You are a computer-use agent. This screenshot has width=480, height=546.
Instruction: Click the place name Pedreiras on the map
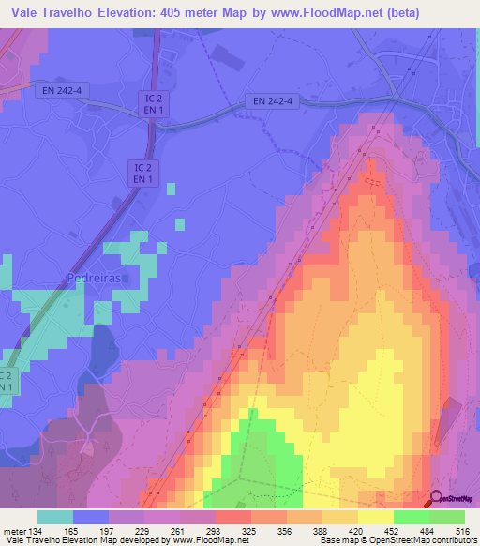point(94,278)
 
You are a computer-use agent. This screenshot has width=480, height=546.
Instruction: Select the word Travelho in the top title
point(79,13)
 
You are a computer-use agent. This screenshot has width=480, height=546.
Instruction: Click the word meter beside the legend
point(13,531)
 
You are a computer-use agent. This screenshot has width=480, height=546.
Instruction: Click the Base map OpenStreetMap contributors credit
point(397,540)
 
